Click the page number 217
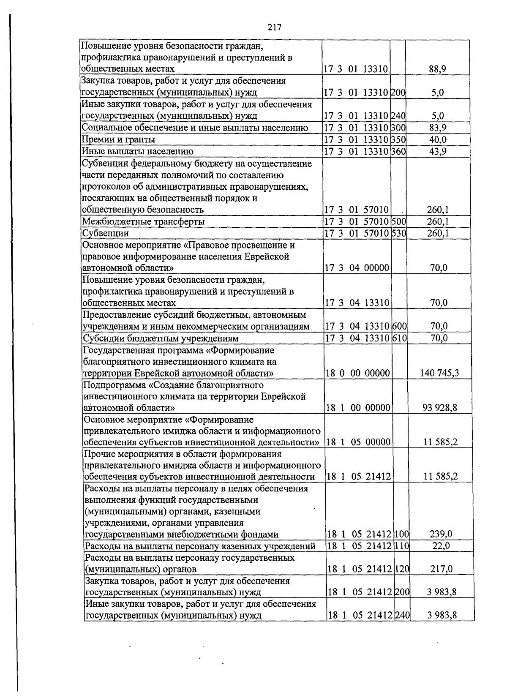(x=274, y=28)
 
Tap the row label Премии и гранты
(x=119, y=139)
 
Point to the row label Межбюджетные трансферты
(x=144, y=221)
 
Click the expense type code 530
(x=398, y=233)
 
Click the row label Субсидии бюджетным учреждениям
(x=161, y=338)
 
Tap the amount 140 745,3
(x=439, y=373)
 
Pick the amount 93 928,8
(x=439, y=408)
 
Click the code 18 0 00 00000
(x=358, y=373)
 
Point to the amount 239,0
(x=441, y=534)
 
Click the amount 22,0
(x=441, y=546)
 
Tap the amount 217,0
(x=441, y=569)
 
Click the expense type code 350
(x=398, y=139)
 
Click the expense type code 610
(x=399, y=338)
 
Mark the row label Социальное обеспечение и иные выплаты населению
(x=195, y=128)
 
